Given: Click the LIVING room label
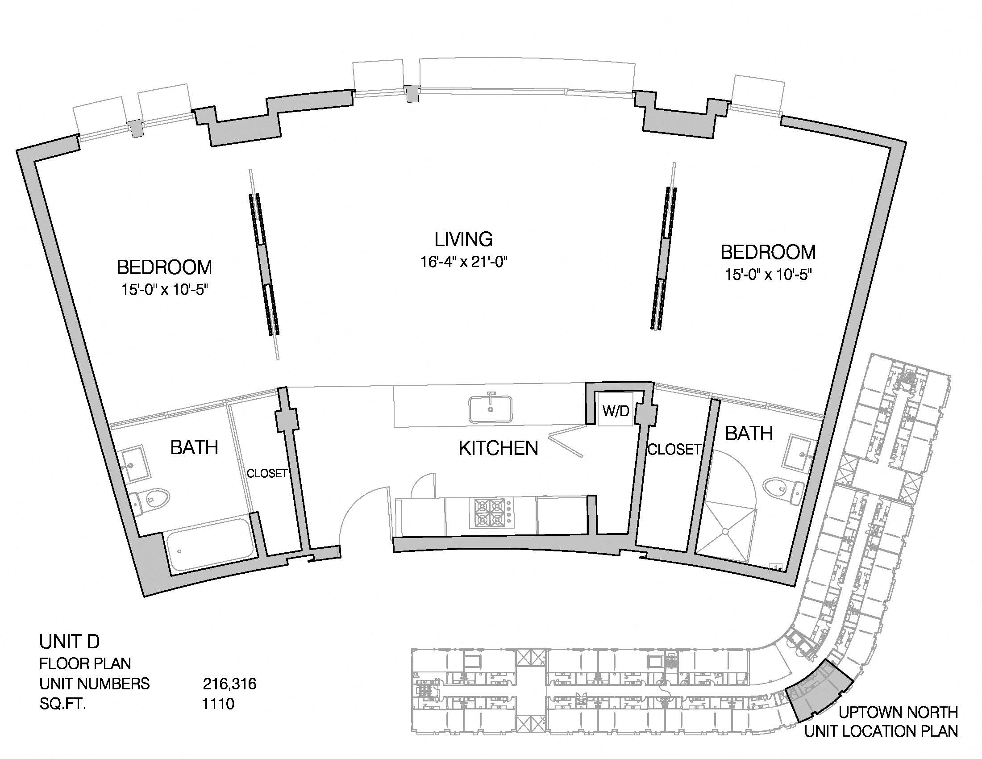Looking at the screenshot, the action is (x=463, y=239).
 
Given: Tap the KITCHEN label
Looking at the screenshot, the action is (x=498, y=448).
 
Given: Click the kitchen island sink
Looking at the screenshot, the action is (x=491, y=409).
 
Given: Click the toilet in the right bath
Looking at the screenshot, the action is (x=784, y=491).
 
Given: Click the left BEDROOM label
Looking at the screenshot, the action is (x=164, y=267).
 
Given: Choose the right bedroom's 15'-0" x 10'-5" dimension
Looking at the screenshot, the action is (x=768, y=274).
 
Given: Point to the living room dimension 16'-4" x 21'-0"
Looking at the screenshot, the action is (x=464, y=262).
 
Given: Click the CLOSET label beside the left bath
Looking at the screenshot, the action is (x=267, y=473).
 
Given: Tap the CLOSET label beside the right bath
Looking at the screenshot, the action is (x=674, y=449).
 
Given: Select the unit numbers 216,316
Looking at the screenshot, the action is (x=229, y=684).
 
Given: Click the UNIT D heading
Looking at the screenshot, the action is (x=69, y=642).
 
